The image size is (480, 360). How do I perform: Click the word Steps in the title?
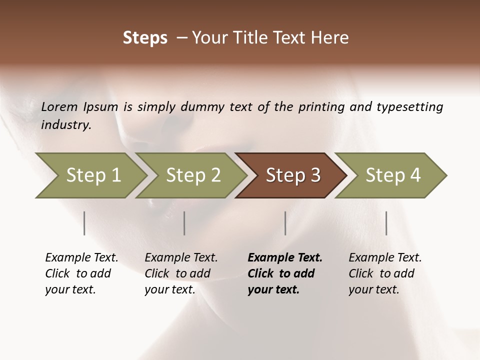point(145,38)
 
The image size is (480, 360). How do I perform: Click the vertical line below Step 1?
point(84,223)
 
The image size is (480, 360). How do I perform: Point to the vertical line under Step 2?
point(184,223)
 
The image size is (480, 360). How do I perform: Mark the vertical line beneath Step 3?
point(285,223)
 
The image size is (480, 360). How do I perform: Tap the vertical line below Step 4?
point(386,223)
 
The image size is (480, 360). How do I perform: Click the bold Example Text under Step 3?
point(285,273)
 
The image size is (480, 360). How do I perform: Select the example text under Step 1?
point(81,273)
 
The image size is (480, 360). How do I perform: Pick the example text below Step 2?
point(181,273)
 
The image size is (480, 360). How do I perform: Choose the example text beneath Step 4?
point(385,273)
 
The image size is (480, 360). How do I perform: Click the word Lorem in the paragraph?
point(59,106)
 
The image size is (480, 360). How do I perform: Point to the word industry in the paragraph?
point(66,124)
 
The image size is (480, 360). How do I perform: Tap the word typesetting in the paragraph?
point(409,106)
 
